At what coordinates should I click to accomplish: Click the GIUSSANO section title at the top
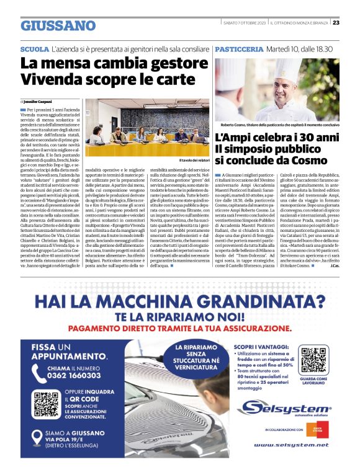click(x=58, y=25)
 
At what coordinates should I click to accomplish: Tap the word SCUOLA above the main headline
click(x=34, y=48)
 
